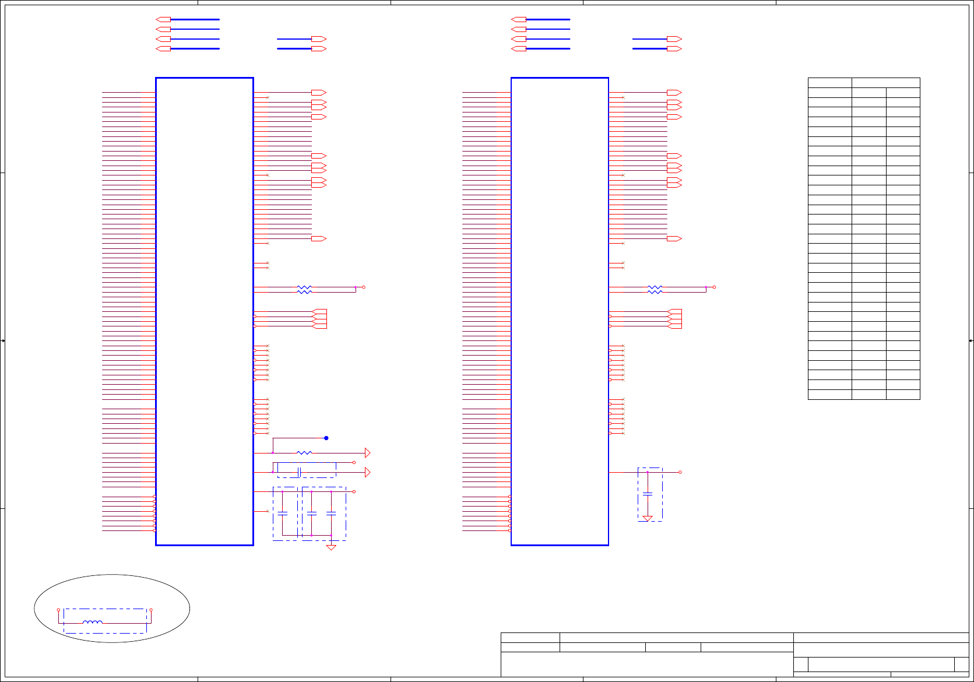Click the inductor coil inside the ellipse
point(93,623)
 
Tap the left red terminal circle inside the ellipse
point(58,610)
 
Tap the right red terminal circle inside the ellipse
point(151,610)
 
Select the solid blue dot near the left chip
point(326,438)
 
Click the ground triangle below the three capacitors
point(331,547)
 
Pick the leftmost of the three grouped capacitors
point(283,514)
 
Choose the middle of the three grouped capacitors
point(312,514)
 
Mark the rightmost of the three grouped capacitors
point(331,514)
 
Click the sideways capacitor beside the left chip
point(299,472)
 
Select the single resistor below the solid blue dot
point(304,453)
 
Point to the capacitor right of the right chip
point(648,494)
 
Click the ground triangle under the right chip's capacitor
point(648,518)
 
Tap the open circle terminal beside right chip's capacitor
point(680,472)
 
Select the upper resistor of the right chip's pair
point(655,287)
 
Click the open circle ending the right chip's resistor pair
point(714,287)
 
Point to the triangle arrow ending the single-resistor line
point(367,453)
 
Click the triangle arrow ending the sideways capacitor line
point(367,472)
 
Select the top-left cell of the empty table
point(830,83)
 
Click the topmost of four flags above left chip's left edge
point(163,19)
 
